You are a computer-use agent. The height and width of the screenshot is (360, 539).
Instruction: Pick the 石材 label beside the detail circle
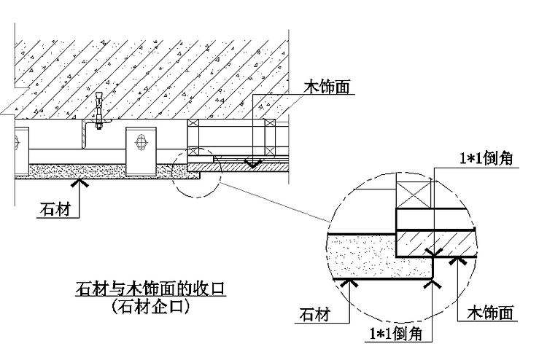[x=315, y=314]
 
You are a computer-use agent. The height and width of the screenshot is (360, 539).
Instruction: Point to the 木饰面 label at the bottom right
[x=491, y=314]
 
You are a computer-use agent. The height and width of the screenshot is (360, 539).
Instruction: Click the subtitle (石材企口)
[x=151, y=307]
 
